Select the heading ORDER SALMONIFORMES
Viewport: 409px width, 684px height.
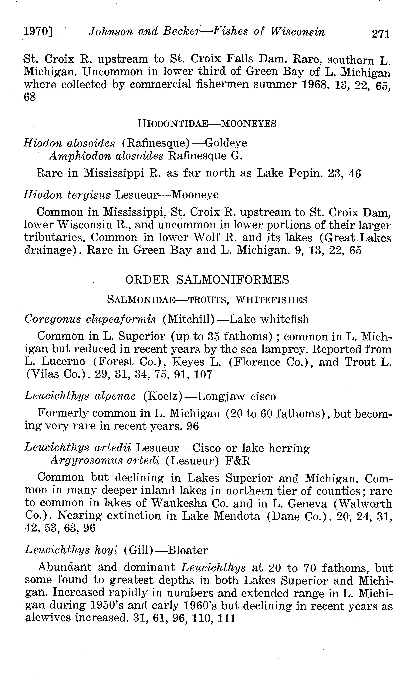coord(207,280)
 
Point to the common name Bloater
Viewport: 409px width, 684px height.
coord(188,550)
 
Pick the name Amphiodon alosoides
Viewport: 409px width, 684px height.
coord(106,156)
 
